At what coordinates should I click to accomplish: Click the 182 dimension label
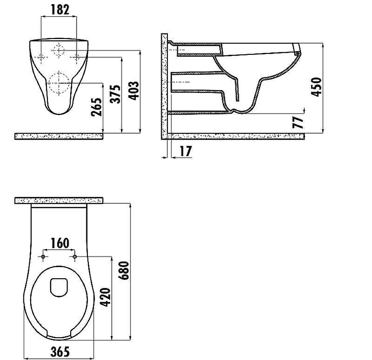(x=60, y=10)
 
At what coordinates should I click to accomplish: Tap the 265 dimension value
(x=97, y=107)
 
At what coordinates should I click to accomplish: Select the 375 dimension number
(x=115, y=94)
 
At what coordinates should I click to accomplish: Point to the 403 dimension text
(x=133, y=91)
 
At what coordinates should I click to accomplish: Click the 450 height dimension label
(x=317, y=87)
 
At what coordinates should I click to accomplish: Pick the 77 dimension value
(x=298, y=122)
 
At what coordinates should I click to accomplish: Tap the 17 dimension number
(x=186, y=151)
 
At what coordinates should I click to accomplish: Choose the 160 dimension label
(x=60, y=243)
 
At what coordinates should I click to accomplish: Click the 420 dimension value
(x=105, y=297)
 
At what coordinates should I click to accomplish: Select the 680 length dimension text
(x=124, y=270)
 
